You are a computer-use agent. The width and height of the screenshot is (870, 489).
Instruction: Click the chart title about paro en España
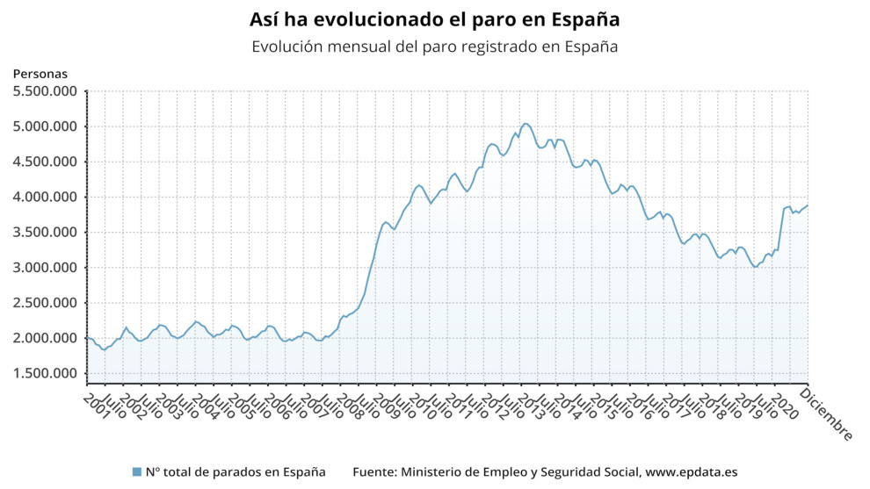tap(434, 18)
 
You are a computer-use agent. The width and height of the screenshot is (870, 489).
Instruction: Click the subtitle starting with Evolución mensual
tap(434, 47)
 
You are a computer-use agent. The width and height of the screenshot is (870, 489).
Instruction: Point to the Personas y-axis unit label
tap(40, 75)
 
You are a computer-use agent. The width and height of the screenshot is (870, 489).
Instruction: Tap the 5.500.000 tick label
tap(45, 91)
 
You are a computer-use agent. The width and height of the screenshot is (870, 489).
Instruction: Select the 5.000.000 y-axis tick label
tap(45, 126)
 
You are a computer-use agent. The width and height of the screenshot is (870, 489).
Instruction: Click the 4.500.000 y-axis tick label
tap(45, 162)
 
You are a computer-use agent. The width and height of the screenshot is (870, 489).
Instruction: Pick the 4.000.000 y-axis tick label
tap(45, 198)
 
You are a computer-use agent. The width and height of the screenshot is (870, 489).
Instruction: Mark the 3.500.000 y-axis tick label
tap(45, 233)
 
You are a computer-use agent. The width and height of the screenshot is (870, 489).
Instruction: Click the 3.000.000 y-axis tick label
tap(45, 268)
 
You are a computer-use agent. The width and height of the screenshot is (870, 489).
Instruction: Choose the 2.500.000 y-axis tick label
tap(45, 303)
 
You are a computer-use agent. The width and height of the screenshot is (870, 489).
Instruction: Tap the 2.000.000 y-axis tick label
tap(45, 339)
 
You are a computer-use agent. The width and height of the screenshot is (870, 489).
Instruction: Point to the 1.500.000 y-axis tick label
tap(45, 374)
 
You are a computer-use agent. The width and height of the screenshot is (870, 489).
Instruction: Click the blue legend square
tap(136, 472)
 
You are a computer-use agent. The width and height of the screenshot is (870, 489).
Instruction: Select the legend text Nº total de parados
tap(235, 472)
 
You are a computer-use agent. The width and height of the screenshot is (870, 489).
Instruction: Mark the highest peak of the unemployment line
tap(525, 124)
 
